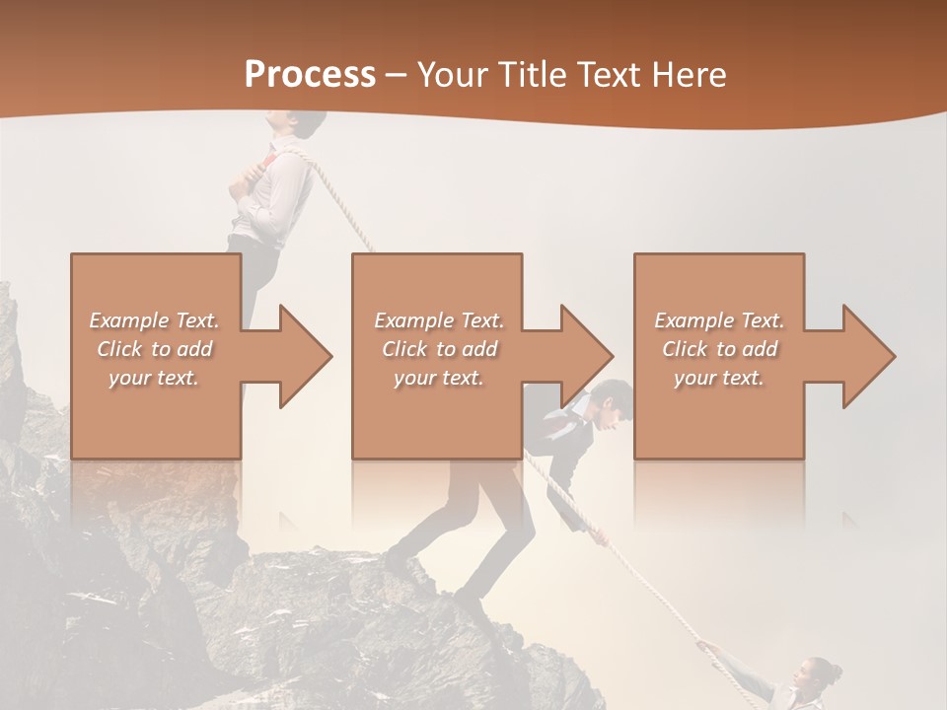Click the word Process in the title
point(310,75)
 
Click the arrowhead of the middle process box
point(585,356)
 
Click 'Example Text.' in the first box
point(154,320)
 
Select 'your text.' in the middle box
point(438,378)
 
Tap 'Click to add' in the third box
point(719,349)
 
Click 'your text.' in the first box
point(154,378)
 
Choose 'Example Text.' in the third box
point(719,320)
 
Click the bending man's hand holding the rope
point(598,538)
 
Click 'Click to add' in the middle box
point(438,349)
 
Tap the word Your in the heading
point(452,75)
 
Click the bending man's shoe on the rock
point(469,596)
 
